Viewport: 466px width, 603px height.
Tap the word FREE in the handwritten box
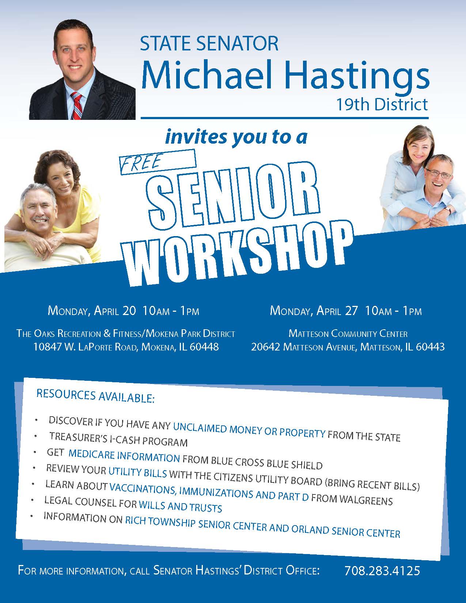[140, 163]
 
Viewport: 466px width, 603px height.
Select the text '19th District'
[382, 105]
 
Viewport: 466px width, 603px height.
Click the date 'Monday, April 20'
[92, 311]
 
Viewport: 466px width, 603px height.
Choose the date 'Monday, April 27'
[314, 311]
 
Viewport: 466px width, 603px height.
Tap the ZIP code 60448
[204, 346]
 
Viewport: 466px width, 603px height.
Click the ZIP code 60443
[430, 346]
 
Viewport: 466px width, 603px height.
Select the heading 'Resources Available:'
[95, 396]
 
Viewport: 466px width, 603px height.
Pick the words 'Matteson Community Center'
[348, 333]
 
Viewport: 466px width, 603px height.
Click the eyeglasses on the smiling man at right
[439, 173]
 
